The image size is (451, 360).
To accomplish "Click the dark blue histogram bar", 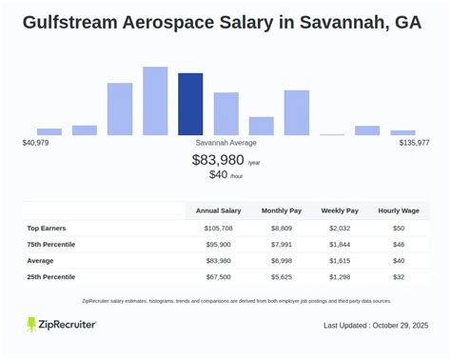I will [x=190, y=104].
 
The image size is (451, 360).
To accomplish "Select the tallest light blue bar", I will [x=155, y=101].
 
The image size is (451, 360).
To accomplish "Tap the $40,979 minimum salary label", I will [x=35, y=143].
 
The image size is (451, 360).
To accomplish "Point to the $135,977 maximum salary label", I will [x=414, y=143].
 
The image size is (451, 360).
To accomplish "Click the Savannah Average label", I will [x=225, y=143].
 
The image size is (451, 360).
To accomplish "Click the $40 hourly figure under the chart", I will [x=219, y=175].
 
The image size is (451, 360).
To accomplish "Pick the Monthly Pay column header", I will [x=284, y=210].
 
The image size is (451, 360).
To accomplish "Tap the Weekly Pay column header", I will [x=340, y=210].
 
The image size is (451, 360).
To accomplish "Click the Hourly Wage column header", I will [x=398, y=210].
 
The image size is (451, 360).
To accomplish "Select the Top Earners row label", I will [x=52, y=229].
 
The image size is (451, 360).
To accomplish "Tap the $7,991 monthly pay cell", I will [x=284, y=245].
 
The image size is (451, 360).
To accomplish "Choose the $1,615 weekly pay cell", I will [x=340, y=261].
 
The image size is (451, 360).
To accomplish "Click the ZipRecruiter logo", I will [x=61, y=325].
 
